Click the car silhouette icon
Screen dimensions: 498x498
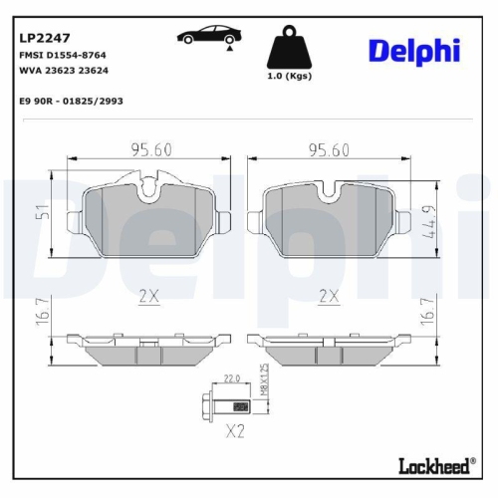[x=206, y=39]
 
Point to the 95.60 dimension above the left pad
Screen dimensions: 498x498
[x=149, y=150]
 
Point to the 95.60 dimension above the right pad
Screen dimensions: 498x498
[x=329, y=150]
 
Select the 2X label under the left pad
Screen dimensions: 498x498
[x=149, y=296]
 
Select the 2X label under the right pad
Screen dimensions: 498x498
[x=329, y=296]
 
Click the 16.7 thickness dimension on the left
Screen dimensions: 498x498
[x=41, y=313]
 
